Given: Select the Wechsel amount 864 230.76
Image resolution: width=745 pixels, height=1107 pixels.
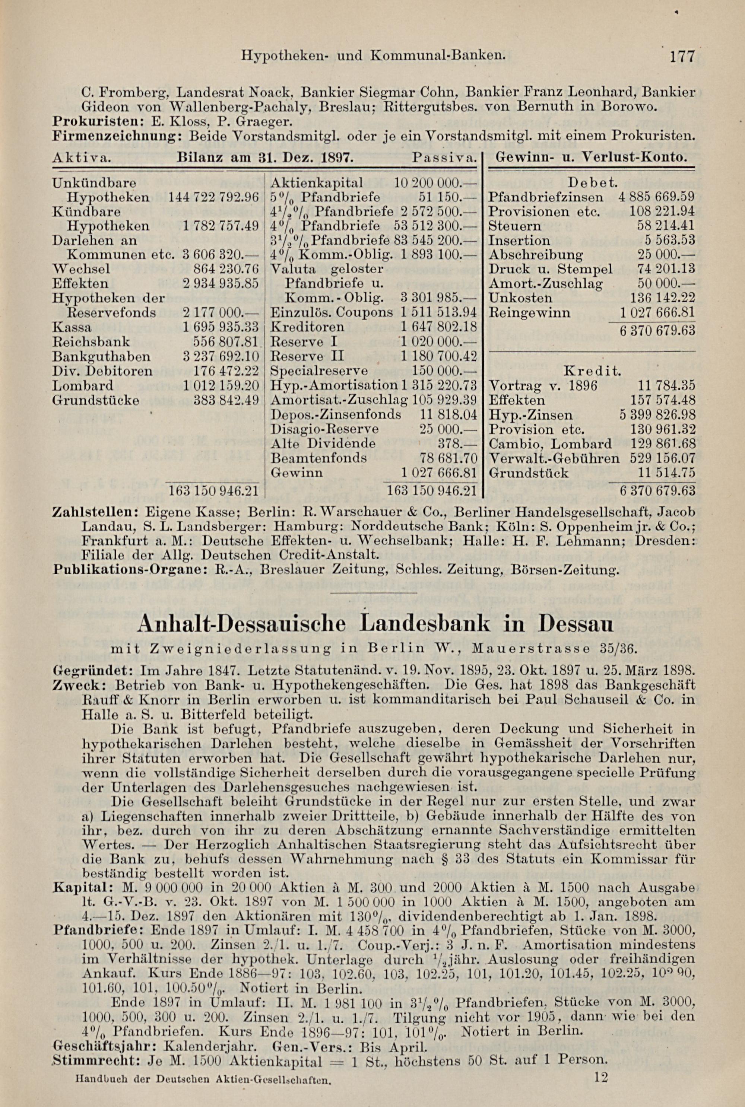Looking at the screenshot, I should [x=226, y=269].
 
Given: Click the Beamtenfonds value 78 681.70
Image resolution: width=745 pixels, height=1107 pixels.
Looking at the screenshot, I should [x=448, y=458].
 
